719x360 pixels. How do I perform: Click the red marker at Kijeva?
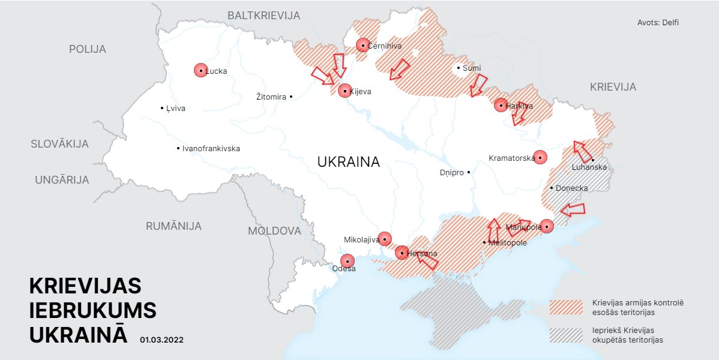click(344, 91)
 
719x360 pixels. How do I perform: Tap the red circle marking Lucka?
click(200, 70)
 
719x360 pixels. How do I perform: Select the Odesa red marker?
click(347, 261)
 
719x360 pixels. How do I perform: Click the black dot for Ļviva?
click(162, 109)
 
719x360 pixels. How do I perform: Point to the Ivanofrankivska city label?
click(211, 148)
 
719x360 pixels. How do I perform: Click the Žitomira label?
click(271, 97)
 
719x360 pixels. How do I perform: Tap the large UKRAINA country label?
click(348, 162)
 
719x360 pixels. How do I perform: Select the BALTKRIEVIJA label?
click(263, 16)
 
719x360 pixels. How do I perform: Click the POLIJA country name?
click(88, 49)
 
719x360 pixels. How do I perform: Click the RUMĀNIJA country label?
click(173, 226)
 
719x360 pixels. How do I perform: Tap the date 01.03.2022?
click(161, 340)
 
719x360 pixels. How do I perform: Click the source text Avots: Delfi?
click(658, 23)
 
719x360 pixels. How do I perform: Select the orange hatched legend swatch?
click(566, 307)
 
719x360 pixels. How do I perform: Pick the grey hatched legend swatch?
click(566, 335)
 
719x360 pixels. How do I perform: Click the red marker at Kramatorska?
click(540, 157)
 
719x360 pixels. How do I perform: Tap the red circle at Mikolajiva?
click(384, 239)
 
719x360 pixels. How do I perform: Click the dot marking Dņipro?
click(469, 173)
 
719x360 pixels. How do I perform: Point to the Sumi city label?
click(471, 68)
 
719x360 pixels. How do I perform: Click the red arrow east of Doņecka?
click(573, 209)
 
